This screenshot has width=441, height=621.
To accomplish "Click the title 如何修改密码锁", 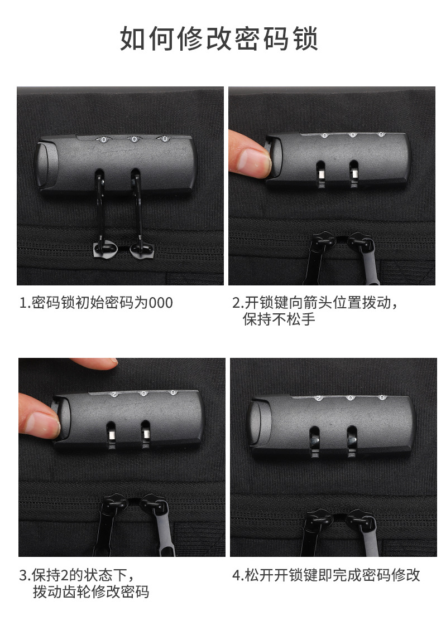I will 219,38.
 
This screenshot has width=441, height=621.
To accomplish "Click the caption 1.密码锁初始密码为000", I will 96,303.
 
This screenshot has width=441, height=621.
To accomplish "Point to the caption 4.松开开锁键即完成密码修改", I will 326,575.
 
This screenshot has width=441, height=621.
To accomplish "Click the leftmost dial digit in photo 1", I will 103,139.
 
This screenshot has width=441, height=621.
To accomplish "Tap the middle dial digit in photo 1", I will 134,139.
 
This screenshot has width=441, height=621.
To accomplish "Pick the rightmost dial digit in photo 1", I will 164,138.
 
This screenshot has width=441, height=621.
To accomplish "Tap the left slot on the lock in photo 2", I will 321,171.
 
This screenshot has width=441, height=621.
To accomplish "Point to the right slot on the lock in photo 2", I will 353,171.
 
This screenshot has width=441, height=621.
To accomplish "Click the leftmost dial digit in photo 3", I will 114,394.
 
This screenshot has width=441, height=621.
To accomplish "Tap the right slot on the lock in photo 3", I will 145,432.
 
